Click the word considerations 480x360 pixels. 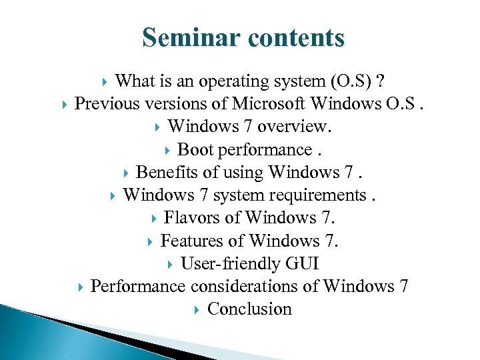point(254,286)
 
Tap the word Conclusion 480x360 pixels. point(249,309)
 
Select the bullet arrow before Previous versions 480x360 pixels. point(63,105)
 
